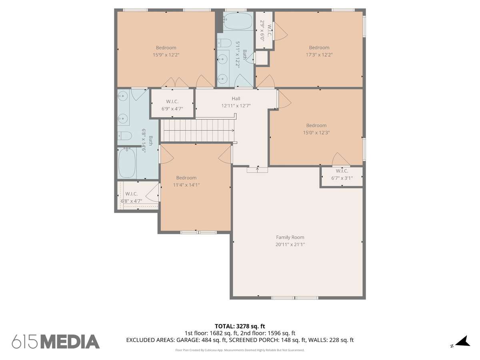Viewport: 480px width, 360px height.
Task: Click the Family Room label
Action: point(290,237)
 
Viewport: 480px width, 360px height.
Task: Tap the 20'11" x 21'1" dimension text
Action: point(290,244)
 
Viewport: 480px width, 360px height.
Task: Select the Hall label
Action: point(236,98)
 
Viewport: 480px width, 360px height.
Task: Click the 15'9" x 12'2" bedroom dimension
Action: point(166,55)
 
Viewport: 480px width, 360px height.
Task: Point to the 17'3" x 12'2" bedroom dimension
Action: point(319,55)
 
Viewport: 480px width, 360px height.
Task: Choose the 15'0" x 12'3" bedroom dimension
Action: point(316,132)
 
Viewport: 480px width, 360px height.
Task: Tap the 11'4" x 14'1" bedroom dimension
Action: point(186,185)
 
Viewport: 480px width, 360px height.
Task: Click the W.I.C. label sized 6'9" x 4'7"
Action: point(172,102)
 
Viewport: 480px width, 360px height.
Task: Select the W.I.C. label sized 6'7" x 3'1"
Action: point(342,171)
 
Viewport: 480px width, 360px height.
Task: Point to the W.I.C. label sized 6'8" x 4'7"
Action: point(132,194)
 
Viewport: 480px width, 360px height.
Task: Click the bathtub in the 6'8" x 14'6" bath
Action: point(127,163)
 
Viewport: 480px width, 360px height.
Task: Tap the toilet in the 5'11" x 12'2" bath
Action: point(224,43)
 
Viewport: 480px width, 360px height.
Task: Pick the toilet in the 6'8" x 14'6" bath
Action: point(124,136)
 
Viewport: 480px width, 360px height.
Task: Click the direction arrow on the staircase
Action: point(199,130)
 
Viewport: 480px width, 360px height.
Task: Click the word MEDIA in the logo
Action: point(70,342)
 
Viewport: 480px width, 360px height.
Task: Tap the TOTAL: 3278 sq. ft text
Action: point(240,326)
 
